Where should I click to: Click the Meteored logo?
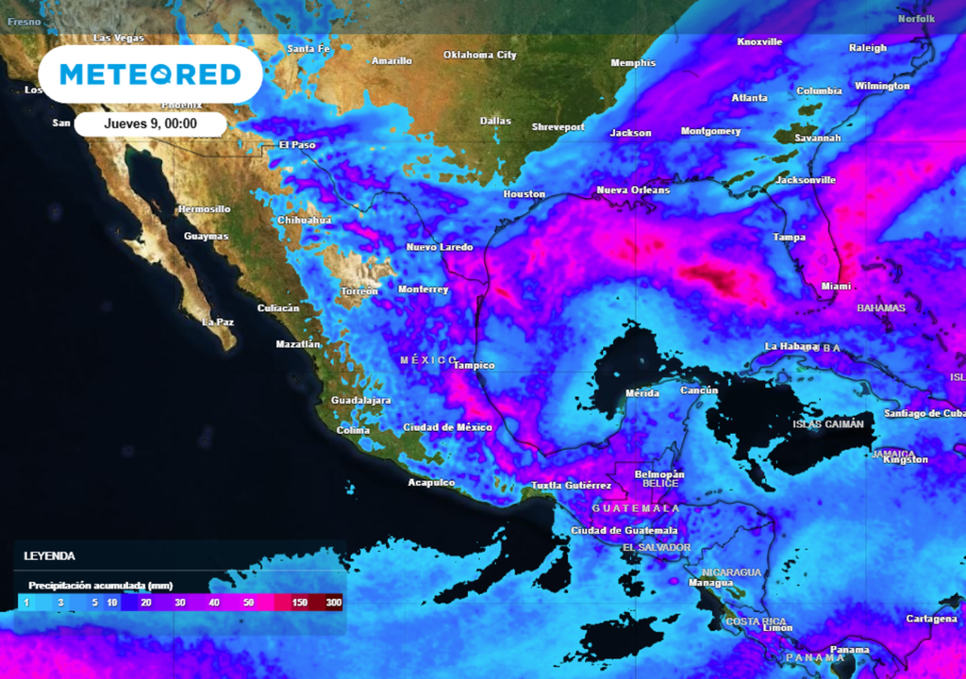[x=150, y=74]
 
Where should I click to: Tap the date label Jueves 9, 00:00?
[x=151, y=124]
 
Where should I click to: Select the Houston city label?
[x=524, y=194]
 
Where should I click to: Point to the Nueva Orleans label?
[x=633, y=190]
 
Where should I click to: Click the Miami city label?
[x=835, y=286]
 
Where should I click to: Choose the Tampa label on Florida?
[x=789, y=237]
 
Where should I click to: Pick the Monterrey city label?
[x=423, y=290]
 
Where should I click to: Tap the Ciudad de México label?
[x=447, y=427]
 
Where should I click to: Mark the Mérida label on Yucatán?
[x=642, y=393]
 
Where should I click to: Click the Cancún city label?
[x=699, y=390]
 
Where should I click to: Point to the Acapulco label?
[x=431, y=483]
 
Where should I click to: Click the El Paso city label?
[x=297, y=145]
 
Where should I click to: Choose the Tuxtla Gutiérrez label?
[x=571, y=486]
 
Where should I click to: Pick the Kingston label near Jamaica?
[x=907, y=460]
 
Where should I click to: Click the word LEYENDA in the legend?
[x=49, y=556]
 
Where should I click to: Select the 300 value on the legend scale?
[x=333, y=602]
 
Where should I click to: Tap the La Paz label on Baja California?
[x=218, y=322]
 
